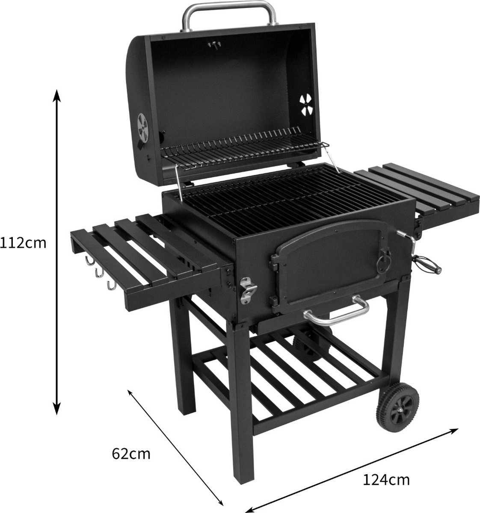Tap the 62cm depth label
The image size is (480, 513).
[131, 453]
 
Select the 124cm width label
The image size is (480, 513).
[386, 480]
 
